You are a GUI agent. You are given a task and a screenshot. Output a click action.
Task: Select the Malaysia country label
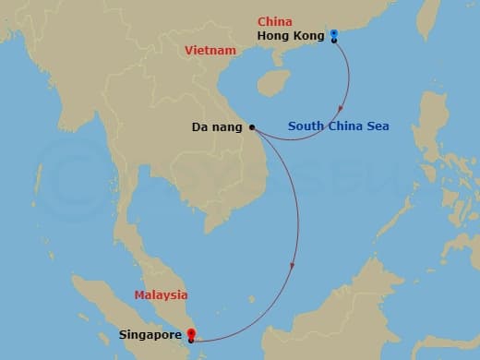pyautogui.click(x=161, y=295)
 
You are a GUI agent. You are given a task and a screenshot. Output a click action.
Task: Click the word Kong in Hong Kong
pyautogui.click(x=308, y=36)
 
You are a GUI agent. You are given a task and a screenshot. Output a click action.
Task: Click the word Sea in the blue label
pyautogui.click(x=377, y=126)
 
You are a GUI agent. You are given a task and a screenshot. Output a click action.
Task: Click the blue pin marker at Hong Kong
pyautogui.click(x=333, y=33)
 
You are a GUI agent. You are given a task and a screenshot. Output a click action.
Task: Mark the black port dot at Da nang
pyautogui.click(x=251, y=127)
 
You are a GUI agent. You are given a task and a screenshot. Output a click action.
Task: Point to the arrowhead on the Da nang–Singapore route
pyautogui.click(x=293, y=267)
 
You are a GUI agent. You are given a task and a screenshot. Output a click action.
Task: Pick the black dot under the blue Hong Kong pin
pyautogui.click(x=333, y=40)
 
